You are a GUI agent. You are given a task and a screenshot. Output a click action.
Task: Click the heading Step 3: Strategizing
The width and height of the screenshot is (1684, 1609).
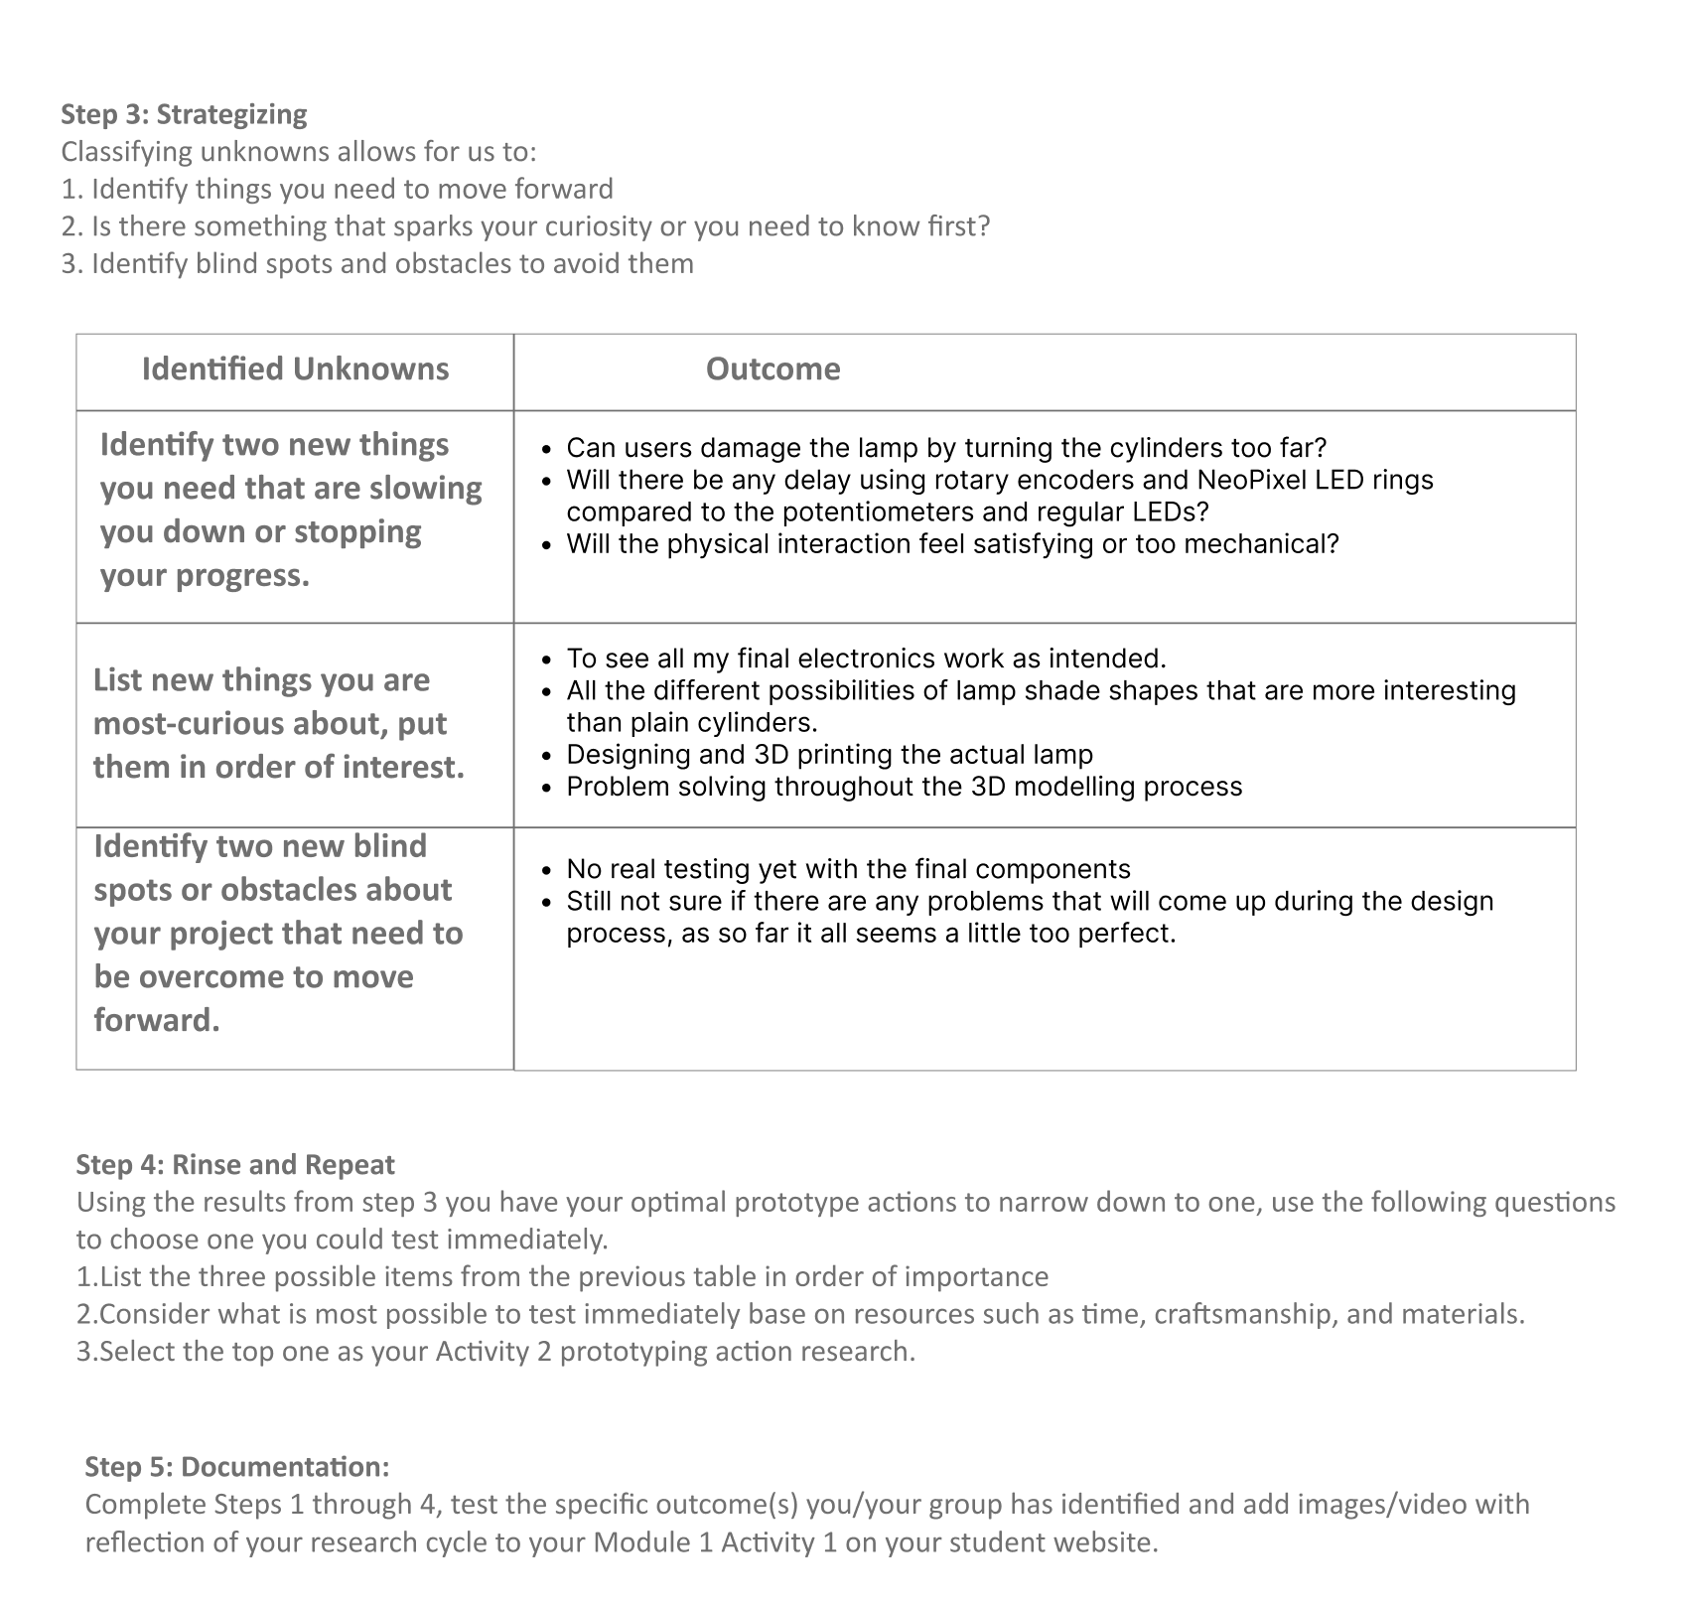tap(184, 114)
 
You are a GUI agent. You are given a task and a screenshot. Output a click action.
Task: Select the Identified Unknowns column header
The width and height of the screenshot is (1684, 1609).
tap(295, 369)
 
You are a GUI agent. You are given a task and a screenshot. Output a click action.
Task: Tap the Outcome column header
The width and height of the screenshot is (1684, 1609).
tap(772, 369)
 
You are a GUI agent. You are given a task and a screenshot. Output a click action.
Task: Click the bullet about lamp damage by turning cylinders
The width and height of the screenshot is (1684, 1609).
tap(945, 449)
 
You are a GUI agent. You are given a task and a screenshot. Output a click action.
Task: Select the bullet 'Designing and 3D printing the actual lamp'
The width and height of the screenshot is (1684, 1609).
tap(829, 755)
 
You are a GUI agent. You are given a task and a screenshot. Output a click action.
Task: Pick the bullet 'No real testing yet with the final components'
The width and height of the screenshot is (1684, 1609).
tap(848, 870)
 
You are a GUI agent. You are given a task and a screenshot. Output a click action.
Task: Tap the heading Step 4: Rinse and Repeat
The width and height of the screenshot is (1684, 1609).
tap(235, 1165)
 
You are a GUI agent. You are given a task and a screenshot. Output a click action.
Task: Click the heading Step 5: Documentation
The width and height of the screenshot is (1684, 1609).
tap(236, 1467)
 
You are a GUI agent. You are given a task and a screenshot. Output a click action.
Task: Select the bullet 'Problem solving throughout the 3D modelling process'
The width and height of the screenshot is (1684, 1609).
tap(904, 787)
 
